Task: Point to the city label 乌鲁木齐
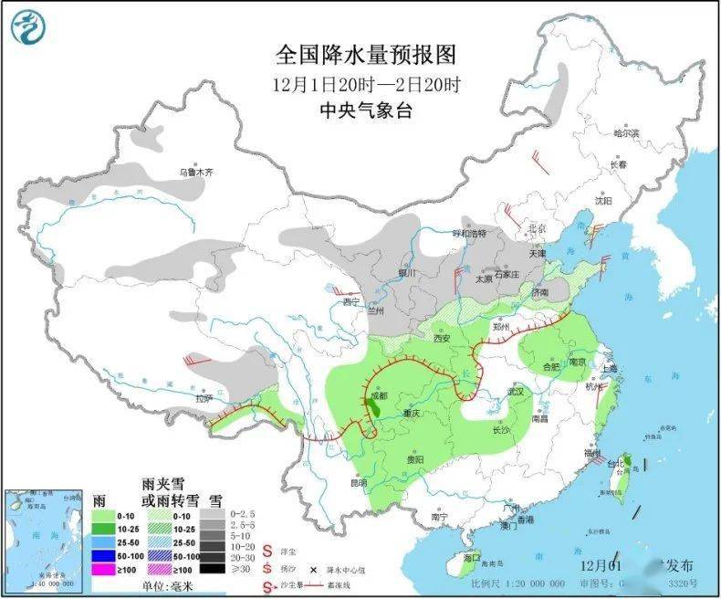(x=195, y=172)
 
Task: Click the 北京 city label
(x=536, y=227)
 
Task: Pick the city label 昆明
(x=357, y=482)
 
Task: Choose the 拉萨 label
(x=202, y=398)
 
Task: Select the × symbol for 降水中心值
(x=313, y=568)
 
